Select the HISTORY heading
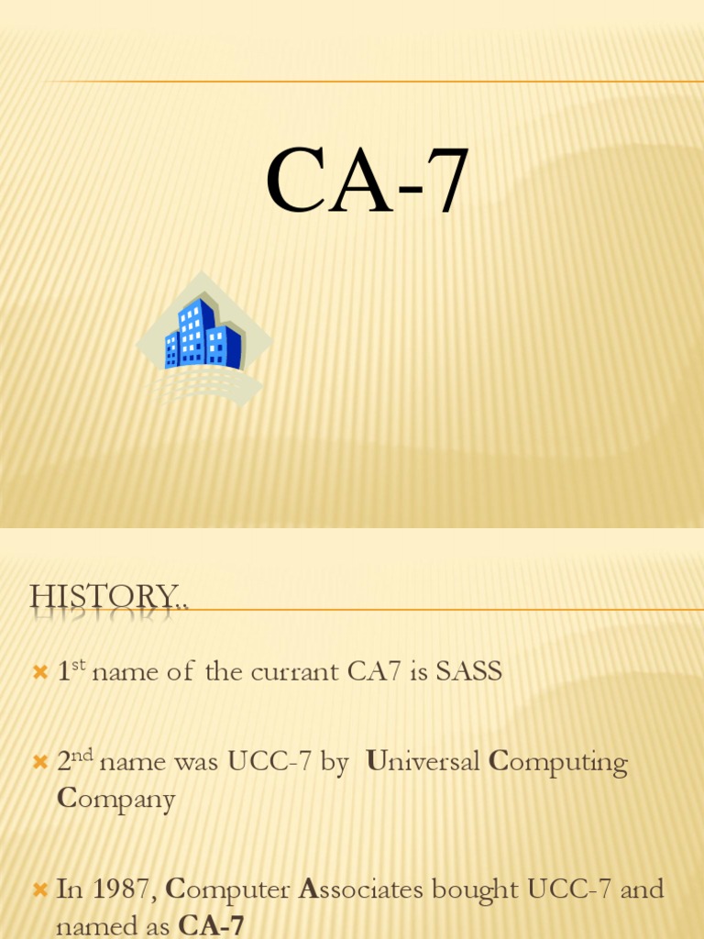[x=109, y=597]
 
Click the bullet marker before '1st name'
[x=39, y=673]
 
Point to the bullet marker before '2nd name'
[x=39, y=763]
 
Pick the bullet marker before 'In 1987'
[x=39, y=889]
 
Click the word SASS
[x=468, y=672]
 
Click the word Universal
[x=423, y=762]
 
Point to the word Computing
[x=558, y=762]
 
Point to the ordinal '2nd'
[x=76, y=762]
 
